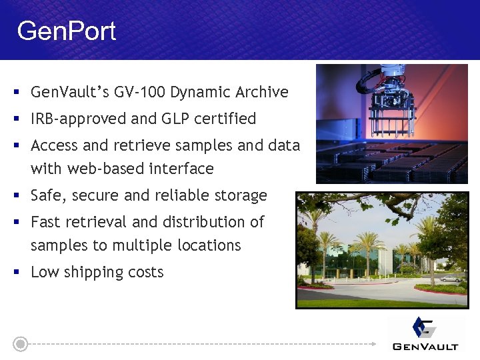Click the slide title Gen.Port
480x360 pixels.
pyautogui.click(x=67, y=31)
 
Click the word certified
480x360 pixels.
pyautogui.click(x=225, y=119)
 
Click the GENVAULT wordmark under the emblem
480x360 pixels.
pyautogui.click(x=425, y=346)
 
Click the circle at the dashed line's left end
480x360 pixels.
pyautogui.click(x=21, y=344)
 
